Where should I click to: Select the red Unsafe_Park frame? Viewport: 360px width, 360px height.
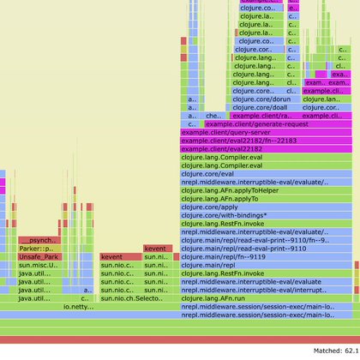click(x=39, y=256)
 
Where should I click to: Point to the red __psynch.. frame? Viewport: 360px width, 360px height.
click(x=40, y=240)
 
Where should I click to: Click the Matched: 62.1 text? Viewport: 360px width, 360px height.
click(x=325, y=352)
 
